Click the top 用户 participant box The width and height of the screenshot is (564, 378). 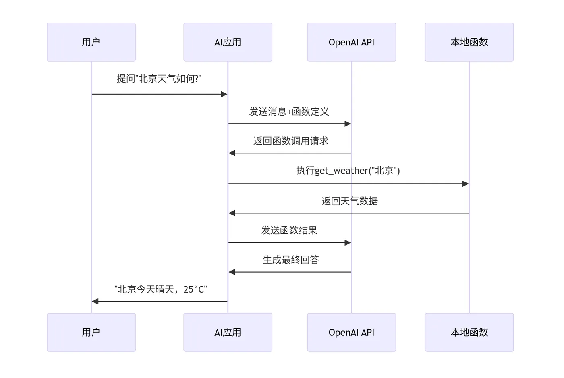91,42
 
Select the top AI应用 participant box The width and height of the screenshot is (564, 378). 228,42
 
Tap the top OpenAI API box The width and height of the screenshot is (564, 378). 351,42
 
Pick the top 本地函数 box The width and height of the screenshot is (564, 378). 469,42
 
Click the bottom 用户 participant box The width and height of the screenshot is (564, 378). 91,332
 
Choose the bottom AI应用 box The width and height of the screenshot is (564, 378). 228,332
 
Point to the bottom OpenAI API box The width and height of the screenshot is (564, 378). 351,332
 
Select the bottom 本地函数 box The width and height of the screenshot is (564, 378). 469,332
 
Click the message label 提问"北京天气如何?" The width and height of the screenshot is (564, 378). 159,79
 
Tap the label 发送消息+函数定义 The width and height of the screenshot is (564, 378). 289,112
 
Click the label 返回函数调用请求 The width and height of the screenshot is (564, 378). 290,141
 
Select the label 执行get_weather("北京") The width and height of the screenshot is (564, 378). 348,171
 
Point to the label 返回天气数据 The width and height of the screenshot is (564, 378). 349,201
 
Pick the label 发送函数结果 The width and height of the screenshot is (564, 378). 289,230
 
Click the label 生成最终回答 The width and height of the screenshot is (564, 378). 290,260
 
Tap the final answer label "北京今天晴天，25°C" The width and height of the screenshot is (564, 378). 160,289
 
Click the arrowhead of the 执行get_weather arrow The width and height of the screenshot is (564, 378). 465,184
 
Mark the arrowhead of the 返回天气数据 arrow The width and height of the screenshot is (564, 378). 232,213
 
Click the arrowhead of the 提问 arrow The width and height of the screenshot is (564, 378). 224,94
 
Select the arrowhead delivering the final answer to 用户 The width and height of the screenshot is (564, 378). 95,301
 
